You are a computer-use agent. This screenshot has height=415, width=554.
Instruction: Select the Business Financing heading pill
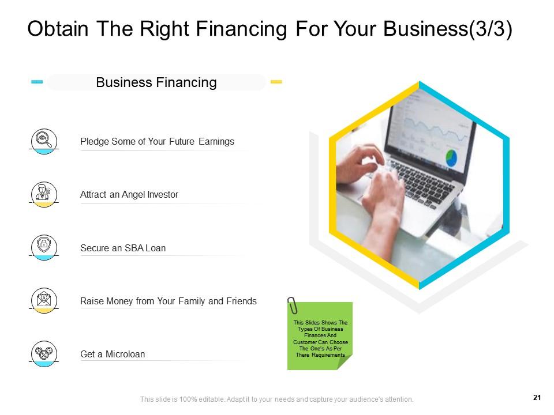pos(156,82)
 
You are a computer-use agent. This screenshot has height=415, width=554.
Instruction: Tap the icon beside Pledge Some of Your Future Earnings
pos(44,140)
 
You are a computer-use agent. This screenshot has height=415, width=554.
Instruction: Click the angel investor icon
pos(44,194)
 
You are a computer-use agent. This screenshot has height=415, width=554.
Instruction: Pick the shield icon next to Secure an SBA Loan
pos(44,247)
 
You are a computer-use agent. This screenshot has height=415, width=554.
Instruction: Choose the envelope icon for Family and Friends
pos(44,300)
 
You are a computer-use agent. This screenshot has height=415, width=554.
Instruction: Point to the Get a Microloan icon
pos(44,353)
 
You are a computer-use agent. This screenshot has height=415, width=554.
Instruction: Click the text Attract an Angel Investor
pos(129,195)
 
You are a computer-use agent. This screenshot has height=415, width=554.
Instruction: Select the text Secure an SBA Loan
pos(123,248)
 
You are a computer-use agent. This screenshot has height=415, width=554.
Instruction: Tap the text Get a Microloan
pos(113,354)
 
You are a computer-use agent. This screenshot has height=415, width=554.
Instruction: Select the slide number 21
pos(537,397)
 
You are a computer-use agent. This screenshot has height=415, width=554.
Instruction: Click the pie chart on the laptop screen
pos(451,157)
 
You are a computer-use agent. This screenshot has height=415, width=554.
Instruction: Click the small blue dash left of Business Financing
pos(37,82)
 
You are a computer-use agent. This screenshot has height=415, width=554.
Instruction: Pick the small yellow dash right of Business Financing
pos(276,82)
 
